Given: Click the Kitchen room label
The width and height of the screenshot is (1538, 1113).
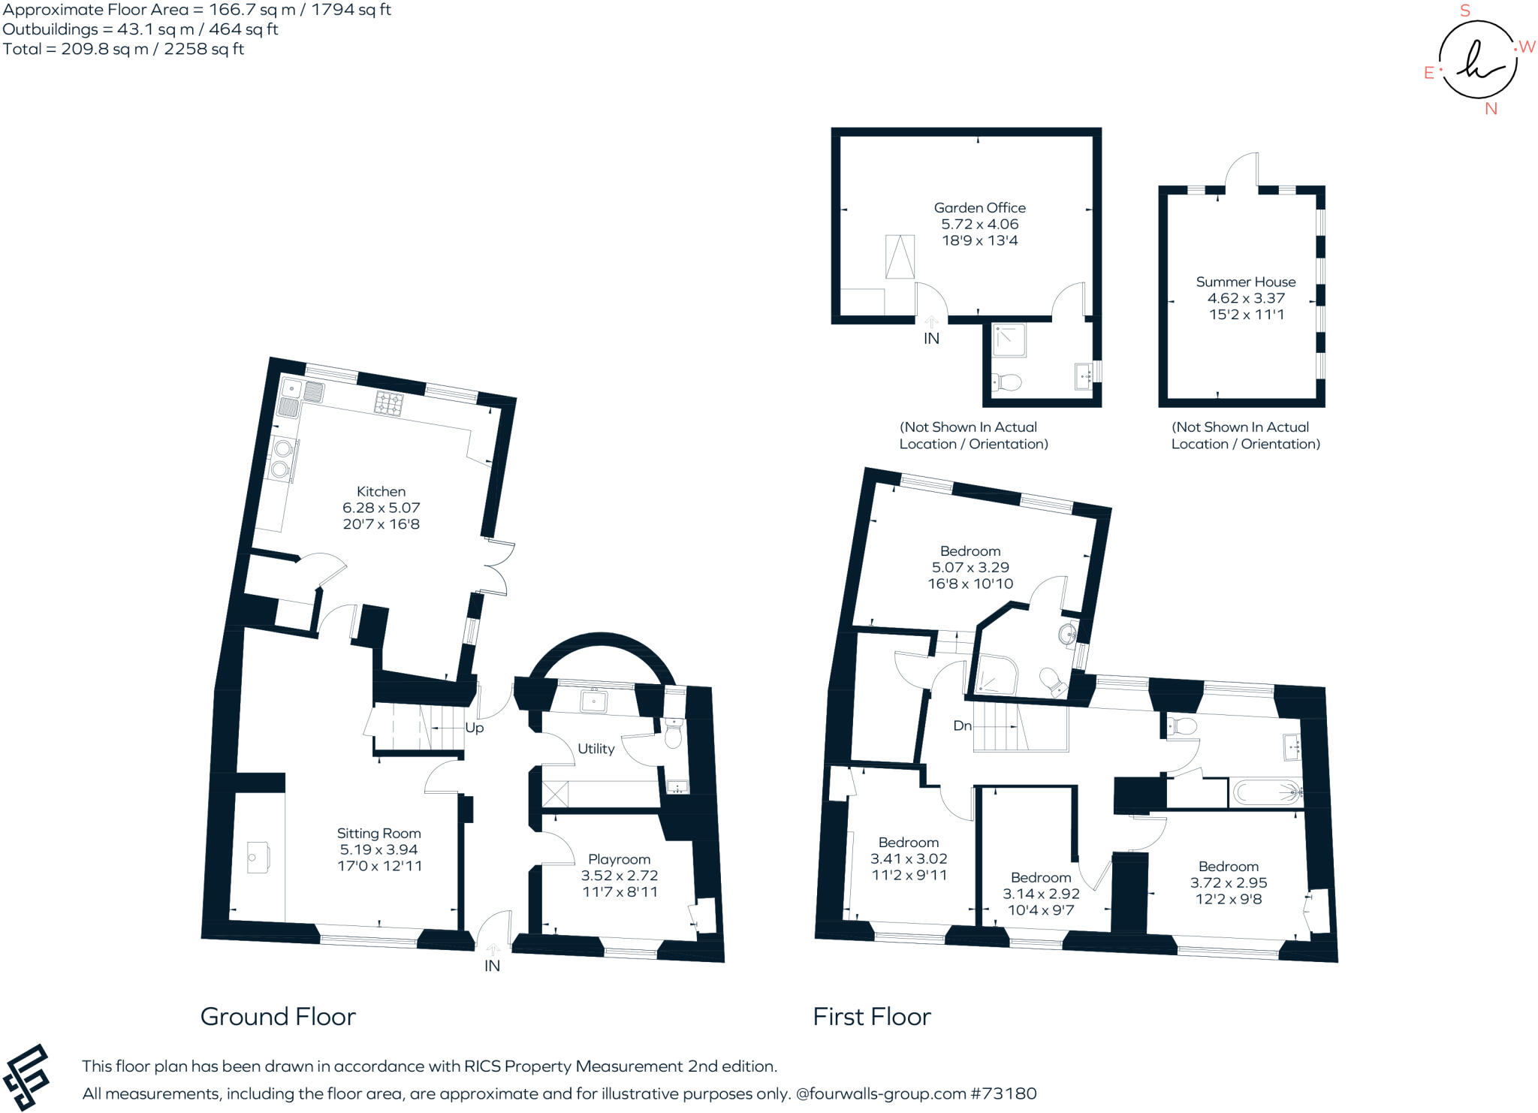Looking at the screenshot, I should [381, 491].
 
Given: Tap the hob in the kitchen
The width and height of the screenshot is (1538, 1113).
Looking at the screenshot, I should [389, 403].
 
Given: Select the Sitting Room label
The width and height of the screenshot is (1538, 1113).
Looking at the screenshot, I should [378, 833].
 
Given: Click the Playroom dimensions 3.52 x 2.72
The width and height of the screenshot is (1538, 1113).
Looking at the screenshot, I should [620, 876].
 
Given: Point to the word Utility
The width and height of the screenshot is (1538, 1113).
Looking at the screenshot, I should [596, 749].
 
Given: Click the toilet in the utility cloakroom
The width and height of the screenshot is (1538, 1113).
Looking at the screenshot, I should [673, 734].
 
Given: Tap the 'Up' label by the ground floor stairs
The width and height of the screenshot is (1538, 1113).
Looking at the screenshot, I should [475, 728].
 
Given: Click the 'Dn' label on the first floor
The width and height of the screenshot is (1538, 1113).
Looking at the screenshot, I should [962, 725].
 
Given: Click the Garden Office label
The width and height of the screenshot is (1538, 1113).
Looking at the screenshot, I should [979, 208].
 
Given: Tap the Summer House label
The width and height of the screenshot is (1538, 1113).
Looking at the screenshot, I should [1246, 282].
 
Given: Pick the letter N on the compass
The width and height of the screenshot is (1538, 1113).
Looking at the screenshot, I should [1491, 109].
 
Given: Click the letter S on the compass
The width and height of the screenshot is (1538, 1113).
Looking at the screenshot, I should [1465, 11].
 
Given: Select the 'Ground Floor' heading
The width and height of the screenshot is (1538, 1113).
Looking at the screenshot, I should [278, 1016].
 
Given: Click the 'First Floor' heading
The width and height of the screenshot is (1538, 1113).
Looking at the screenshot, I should [872, 1016].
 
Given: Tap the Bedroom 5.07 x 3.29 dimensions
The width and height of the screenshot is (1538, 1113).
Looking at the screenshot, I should [970, 568].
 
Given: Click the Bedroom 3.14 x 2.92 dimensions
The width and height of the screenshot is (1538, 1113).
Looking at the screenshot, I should [1041, 894].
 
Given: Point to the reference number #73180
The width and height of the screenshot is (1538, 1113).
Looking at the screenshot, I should [1003, 1093].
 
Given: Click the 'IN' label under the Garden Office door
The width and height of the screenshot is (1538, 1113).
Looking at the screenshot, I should [931, 339].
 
